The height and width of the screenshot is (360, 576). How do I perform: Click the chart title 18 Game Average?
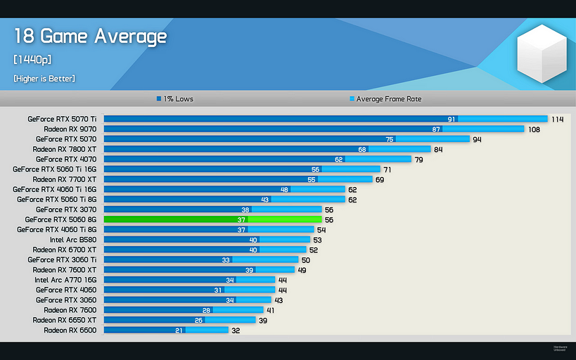90,37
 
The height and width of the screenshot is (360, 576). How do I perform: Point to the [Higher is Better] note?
44,78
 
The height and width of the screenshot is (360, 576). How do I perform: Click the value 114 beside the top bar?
558,120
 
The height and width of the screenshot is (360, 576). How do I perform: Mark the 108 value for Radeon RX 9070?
535,129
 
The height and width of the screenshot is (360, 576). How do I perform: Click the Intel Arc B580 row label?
73,240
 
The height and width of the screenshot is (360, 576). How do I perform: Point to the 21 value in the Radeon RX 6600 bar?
179,330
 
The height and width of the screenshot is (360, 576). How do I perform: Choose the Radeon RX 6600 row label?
70,330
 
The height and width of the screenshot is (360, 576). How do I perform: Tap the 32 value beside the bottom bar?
236,330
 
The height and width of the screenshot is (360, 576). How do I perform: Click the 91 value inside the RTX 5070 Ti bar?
452,120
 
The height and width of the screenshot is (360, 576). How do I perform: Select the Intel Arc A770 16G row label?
65,280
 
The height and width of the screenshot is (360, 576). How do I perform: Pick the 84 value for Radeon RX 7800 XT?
438,149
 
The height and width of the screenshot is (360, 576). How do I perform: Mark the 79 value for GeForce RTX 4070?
418,160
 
